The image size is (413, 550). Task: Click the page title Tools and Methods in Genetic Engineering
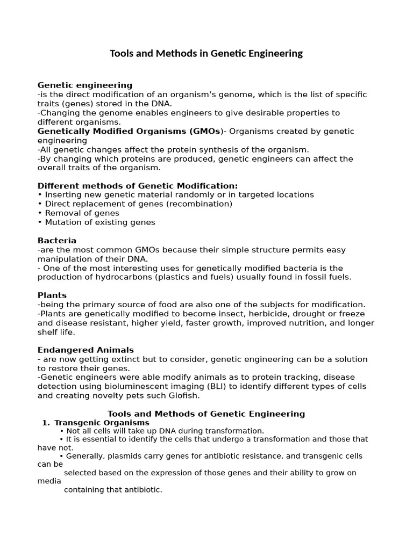206,54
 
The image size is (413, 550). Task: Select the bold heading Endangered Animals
86,350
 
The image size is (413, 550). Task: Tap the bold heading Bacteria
57,241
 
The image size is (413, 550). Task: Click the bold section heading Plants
52,295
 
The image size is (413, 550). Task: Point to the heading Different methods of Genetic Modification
137,186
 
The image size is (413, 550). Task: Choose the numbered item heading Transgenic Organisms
102,423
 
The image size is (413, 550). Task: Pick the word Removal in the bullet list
61,213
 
